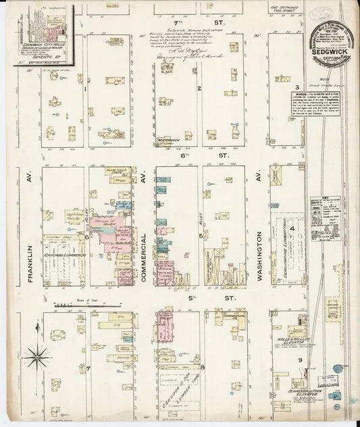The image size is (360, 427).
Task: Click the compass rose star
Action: (36, 356)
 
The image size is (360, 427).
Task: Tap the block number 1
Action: (86, 88)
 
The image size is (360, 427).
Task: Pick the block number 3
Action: (297, 88)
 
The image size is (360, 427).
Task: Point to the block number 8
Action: (202, 366)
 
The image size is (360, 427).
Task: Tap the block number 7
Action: (88, 368)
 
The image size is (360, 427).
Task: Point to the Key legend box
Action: (325, 219)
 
